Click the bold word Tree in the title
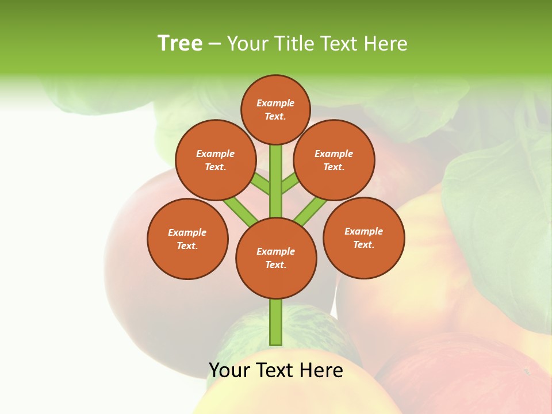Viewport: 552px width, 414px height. click(180, 43)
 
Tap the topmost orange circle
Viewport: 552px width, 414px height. click(275, 109)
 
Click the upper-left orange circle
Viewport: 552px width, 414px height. click(215, 160)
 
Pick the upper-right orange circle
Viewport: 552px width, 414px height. click(334, 160)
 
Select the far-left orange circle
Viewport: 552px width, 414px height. click(187, 239)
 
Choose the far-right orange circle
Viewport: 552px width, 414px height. click(364, 237)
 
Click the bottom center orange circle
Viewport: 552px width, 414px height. click(276, 258)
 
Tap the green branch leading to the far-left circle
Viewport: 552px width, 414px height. click(240, 210)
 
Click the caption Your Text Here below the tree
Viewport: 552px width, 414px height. click(276, 370)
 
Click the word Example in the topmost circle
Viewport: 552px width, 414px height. click(275, 103)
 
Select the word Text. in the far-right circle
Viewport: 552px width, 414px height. click(363, 244)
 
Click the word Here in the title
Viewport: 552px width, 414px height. click(386, 43)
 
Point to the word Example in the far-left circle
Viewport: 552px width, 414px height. click(187, 232)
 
